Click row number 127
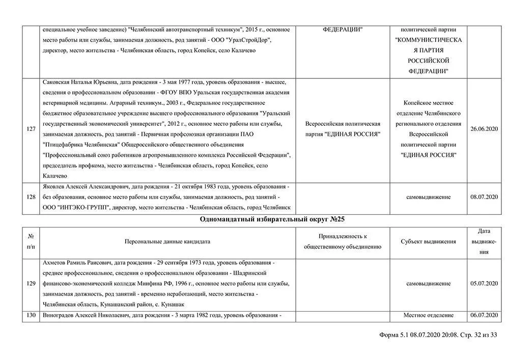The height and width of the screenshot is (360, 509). click(x=31, y=129)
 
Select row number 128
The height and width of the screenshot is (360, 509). click(x=31, y=197)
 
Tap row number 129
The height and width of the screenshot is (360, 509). click(x=31, y=283)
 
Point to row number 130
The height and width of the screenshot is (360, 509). click(x=31, y=316)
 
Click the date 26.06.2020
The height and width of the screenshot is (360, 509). click(x=484, y=129)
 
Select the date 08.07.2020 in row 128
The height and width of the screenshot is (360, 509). click(x=484, y=197)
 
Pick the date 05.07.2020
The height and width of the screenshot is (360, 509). click(x=484, y=283)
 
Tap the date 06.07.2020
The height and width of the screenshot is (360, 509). click(x=484, y=316)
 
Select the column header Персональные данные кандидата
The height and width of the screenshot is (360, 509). click(x=167, y=241)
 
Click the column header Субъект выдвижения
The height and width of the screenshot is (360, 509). click(x=428, y=241)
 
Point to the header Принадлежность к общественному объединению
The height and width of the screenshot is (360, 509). click(x=343, y=241)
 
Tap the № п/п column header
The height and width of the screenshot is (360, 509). click(x=31, y=241)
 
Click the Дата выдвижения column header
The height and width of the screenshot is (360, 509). click(x=484, y=241)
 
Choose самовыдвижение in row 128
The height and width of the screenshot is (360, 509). click(x=428, y=197)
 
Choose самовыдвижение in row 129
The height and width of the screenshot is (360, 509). click(x=428, y=283)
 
